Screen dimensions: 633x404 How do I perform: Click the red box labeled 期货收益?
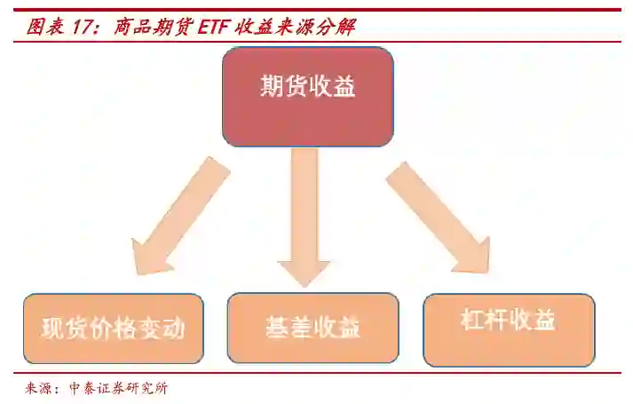[307, 96]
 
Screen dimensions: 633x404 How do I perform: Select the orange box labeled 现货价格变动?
[114, 329]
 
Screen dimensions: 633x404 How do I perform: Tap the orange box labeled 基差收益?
[313, 327]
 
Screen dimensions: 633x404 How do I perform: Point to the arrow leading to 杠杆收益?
[437, 218]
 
